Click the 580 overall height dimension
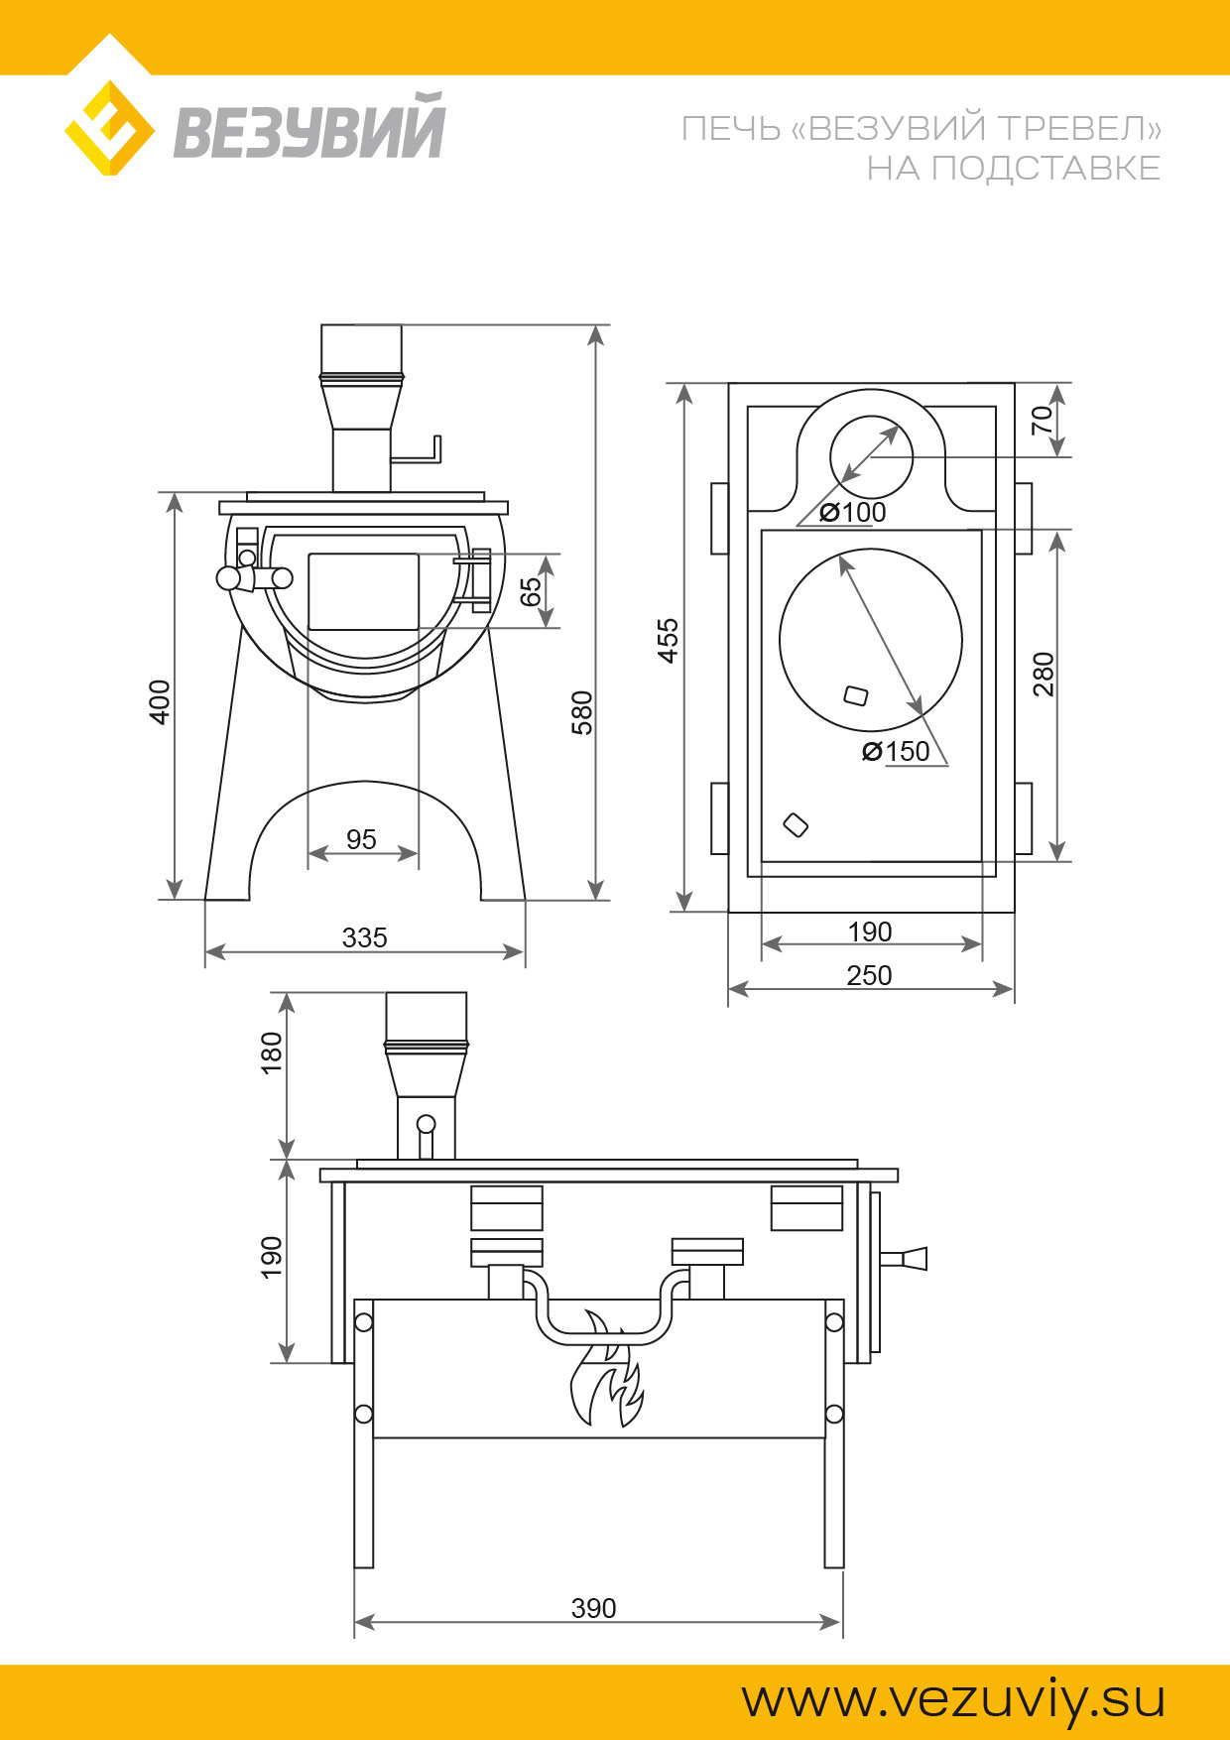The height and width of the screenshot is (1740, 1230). pos(582,712)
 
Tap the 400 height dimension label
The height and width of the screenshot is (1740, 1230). pos(160,701)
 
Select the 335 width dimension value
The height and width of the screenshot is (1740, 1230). pos(364,937)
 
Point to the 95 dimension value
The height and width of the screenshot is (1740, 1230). pos(361,839)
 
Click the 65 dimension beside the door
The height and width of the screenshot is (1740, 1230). pos(532,591)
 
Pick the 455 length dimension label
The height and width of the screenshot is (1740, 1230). pos(669,640)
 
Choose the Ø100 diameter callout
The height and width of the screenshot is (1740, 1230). pos(853,512)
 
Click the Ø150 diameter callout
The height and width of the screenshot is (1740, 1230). pos(896,751)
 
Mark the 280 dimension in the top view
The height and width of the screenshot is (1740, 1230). pos(1044,675)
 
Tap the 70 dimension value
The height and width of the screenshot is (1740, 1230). pos(1042,421)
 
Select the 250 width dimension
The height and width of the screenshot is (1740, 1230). pos(869,975)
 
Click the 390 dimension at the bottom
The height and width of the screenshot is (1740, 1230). pos(593,1608)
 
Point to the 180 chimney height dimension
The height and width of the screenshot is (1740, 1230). pos(271,1054)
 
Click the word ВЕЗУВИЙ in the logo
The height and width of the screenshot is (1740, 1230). pos(309,126)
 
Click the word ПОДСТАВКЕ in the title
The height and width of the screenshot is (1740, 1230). pos(1045,169)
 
